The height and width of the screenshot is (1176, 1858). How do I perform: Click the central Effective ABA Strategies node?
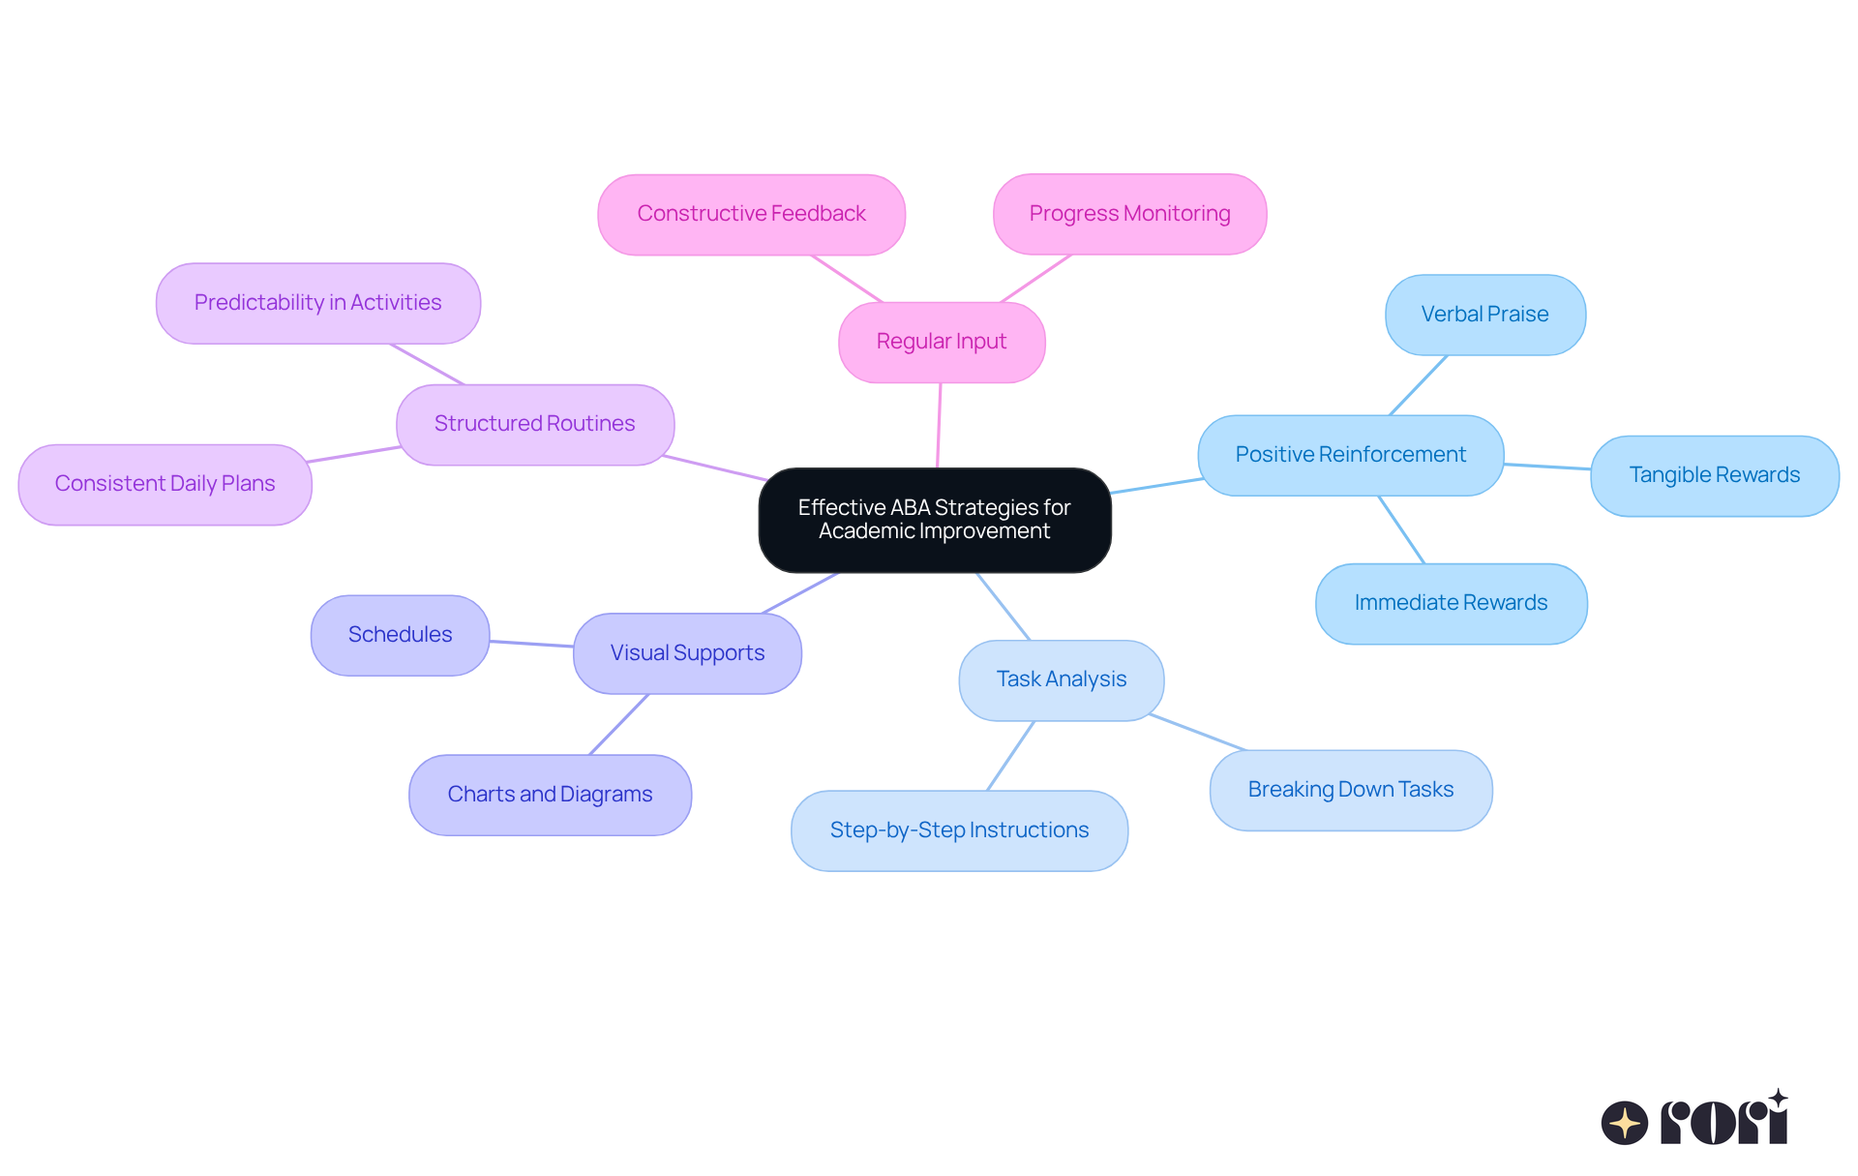click(934, 520)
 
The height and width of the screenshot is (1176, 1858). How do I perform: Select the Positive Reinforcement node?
click(1350, 455)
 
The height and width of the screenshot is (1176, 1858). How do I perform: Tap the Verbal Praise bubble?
click(1484, 315)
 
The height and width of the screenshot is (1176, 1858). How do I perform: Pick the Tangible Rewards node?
click(1714, 475)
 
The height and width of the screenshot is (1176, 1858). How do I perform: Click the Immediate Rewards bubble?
click(1451, 603)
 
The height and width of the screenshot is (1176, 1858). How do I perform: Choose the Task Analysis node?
click(1061, 679)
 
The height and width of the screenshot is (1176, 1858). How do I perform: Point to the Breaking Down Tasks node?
click(1350, 790)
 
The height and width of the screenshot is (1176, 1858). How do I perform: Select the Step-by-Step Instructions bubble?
click(959, 830)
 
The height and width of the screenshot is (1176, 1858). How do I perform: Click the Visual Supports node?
click(687, 653)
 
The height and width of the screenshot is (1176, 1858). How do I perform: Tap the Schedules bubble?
click(400, 635)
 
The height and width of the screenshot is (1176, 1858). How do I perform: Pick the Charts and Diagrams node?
click(550, 795)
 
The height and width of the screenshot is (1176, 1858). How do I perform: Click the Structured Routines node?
click(534, 424)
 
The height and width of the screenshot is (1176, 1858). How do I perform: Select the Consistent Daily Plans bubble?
click(165, 484)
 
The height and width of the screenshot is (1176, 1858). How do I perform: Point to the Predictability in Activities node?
click(317, 303)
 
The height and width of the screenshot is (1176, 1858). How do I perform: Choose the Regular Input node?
click(941, 342)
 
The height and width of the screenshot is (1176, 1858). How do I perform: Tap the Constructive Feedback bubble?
click(751, 214)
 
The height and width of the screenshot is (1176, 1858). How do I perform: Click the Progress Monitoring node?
click(1129, 214)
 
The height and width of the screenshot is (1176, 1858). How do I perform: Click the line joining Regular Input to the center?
click(939, 426)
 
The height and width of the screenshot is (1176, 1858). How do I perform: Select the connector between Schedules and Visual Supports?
click(531, 644)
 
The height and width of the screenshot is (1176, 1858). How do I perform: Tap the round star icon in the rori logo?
click(1624, 1123)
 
